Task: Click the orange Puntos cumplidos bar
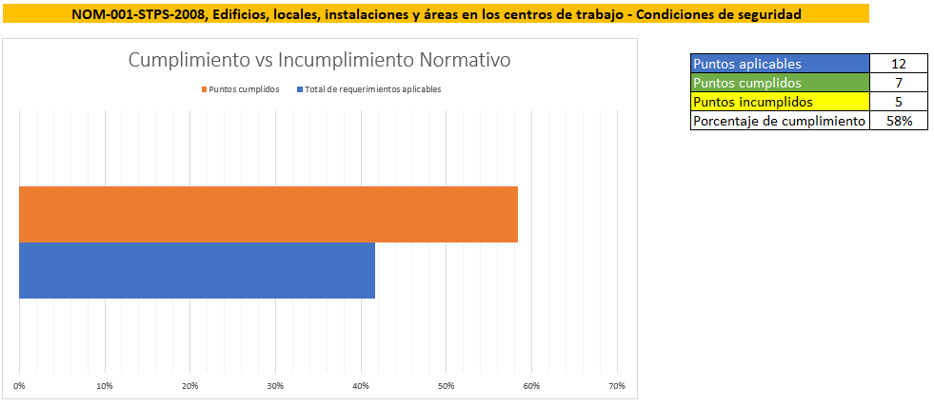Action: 268,214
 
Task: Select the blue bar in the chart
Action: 196,271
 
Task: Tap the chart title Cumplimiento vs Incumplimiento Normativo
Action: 320,59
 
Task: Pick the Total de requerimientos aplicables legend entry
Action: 372,88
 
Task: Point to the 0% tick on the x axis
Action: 20,385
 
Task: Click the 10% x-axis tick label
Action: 105,385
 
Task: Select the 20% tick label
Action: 190,385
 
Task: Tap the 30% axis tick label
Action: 275,385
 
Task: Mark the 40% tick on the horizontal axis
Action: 361,385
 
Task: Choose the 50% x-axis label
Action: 446,385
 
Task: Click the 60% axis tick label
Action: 531,385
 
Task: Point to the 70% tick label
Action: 616,385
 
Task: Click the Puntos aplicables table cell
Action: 780,64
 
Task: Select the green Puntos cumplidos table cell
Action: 780,83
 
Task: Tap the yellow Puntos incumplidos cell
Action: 780,102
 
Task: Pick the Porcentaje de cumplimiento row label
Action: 780,121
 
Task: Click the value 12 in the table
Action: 898,64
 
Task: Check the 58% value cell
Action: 898,121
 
